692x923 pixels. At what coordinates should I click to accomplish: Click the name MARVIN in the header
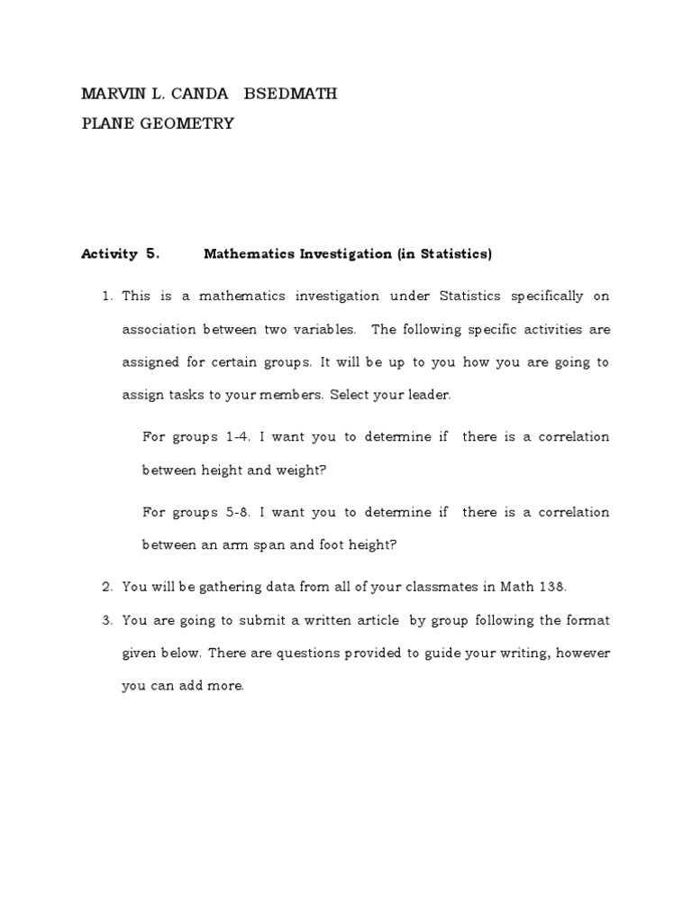(111, 94)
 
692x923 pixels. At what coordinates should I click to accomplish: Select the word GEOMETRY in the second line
(189, 123)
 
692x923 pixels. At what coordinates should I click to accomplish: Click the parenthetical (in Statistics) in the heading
(444, 254)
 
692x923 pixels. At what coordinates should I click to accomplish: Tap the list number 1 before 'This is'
(105, 297)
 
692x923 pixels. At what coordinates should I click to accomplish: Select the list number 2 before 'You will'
(105, 587)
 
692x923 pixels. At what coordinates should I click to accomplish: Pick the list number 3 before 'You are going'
(105, 620)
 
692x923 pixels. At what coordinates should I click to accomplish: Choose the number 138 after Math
(551, 587)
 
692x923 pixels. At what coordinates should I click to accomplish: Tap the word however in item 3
(582, 653)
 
